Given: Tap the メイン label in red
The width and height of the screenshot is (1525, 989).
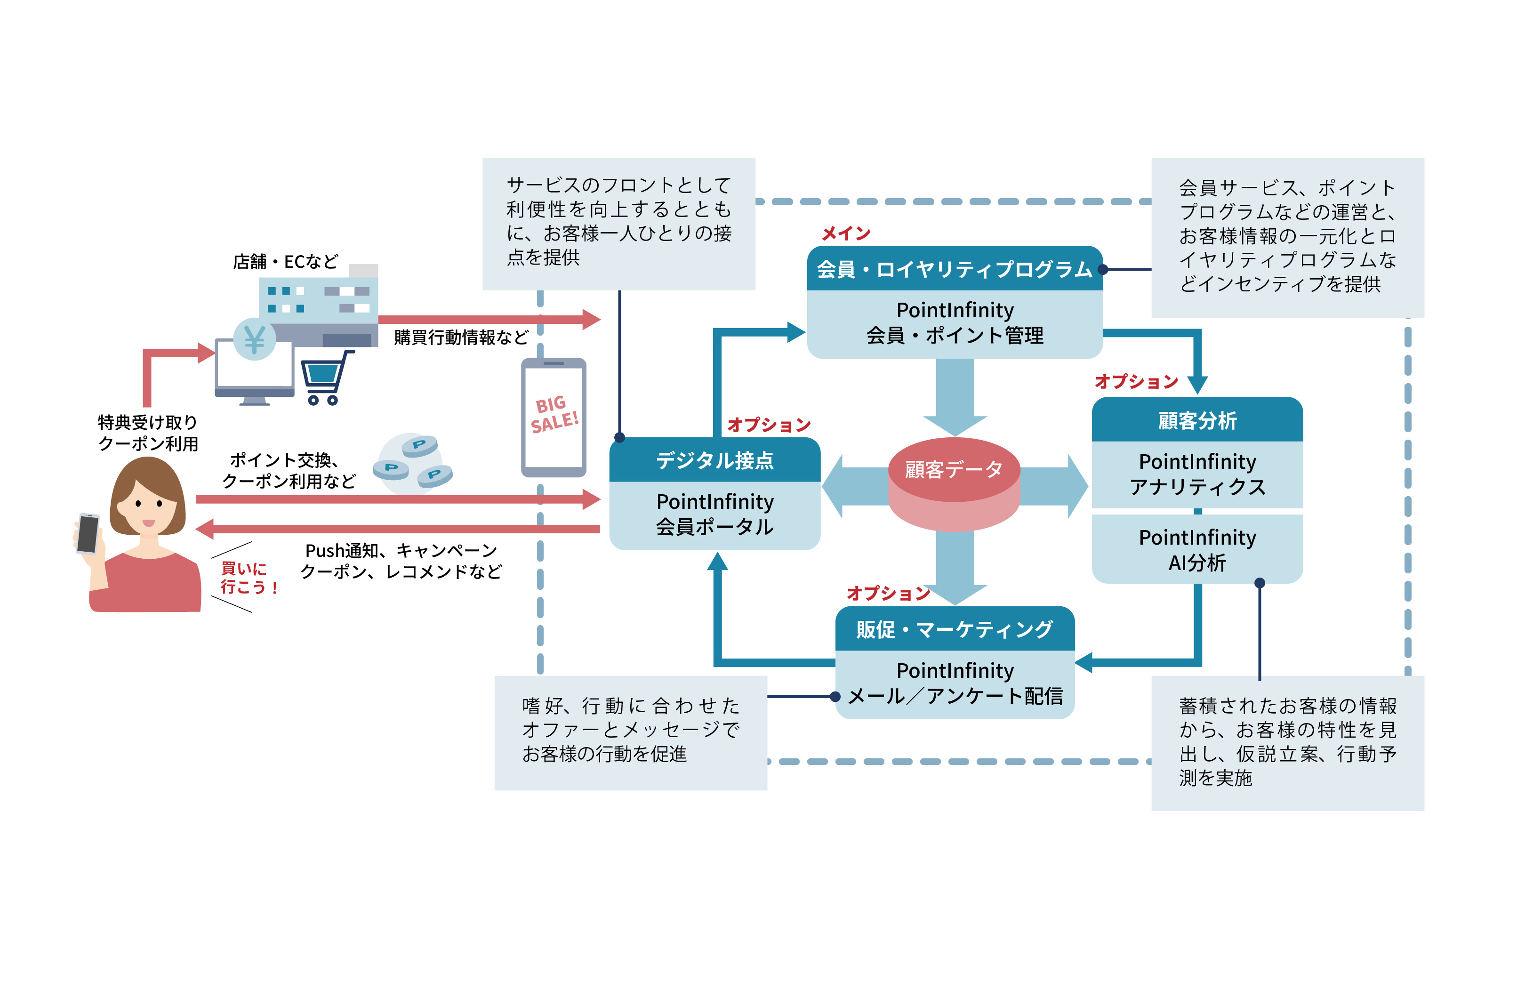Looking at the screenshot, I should pyautogui.click(x=846, y=233).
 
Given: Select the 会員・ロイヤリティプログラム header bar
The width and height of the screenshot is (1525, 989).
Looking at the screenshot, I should pyautogui.click(x=954, y=269).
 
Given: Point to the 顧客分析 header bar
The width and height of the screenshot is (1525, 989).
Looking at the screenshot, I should pyautogui.click(x=1196, y=420).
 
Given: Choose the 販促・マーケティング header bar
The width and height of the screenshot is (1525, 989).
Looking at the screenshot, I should pyautogui.click(x=954, y=629).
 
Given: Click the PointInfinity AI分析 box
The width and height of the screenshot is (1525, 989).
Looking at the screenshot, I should pyautogui.click(x=1196, y=549).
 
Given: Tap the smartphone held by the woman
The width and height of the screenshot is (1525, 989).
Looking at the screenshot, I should pyautogui.click(x=88, y=533).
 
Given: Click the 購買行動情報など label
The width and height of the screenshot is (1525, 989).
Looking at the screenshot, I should pyautogui.click(x=461, y=337).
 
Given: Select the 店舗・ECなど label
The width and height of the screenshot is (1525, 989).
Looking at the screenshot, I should pyautogui.click(x=285, y=262).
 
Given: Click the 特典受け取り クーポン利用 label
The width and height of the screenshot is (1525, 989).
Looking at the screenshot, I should pyautogui.click(x=148, y=433).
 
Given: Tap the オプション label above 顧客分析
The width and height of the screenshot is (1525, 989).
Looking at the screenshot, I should pyautogui.click(x=1136, y=381).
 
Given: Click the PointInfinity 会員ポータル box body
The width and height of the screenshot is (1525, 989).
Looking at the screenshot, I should pyautogui.click(x=714, y=514).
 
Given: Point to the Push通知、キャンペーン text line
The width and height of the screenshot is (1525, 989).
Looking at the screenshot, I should pyautogui.click(x=401, y=550).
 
